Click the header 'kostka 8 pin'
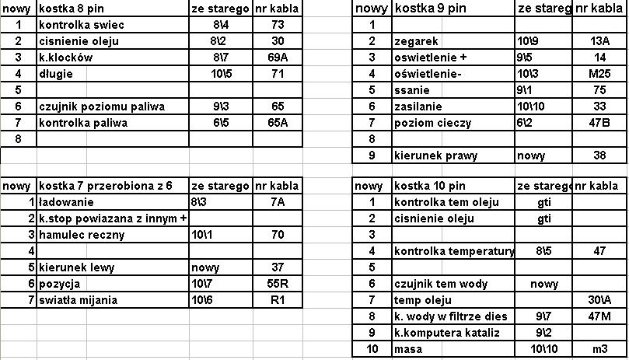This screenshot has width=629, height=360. coord(72,9)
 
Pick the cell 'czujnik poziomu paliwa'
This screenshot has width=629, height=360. coord(102,107)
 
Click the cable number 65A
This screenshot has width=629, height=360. coord(278,123)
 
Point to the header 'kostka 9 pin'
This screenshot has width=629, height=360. coord(430,9)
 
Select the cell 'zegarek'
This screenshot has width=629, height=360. coord(416,41)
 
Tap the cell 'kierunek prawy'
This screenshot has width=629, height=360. coord(435,156)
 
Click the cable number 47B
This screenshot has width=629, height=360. coord(599,123)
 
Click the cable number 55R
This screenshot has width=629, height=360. coord(278,284)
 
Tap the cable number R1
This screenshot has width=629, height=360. coord(278,300)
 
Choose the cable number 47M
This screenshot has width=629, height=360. coord(599,316)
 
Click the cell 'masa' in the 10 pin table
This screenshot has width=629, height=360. coord(409,349)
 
